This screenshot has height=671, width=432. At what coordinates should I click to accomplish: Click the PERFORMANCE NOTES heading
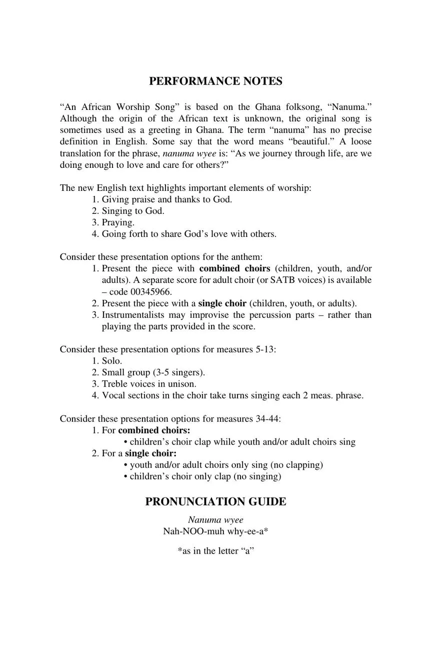[x=215, y=81]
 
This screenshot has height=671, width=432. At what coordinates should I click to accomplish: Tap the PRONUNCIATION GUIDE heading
[x=215, y=502]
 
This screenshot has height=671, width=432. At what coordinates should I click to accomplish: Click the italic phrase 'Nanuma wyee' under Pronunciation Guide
[x=215, y=520]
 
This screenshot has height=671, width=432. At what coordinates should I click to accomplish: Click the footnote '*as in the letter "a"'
[x=215, y=551]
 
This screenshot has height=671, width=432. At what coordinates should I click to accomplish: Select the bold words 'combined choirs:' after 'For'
[x=154, y=430]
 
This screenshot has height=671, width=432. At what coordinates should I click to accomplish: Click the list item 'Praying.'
[x=118, y=222]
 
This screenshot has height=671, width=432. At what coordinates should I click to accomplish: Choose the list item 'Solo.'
[x=112, y=361]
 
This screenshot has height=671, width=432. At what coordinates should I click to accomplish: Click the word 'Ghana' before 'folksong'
[x=267, y=107]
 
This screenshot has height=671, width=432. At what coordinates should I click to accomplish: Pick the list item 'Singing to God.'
[x=133, y=211]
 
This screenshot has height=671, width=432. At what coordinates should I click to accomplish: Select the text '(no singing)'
[x=257, y=476]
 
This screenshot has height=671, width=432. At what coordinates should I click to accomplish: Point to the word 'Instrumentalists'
[x=134, y=315]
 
